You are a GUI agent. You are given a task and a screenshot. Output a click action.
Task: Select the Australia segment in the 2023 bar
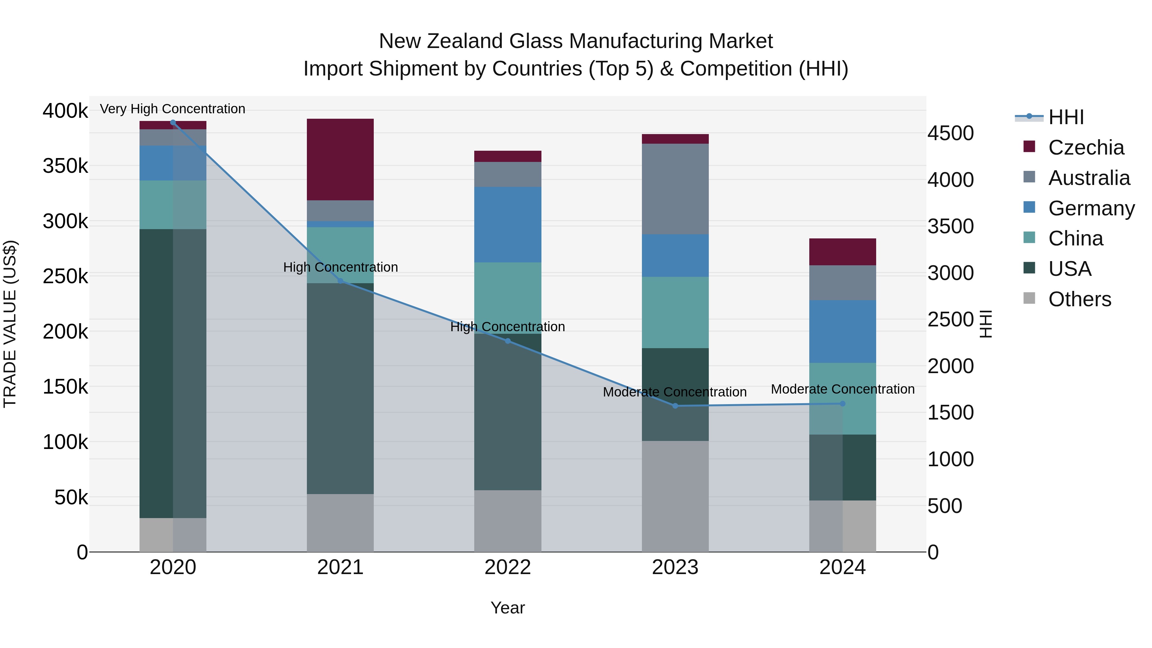coord(675,189)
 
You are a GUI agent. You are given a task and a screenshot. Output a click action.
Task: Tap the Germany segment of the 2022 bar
coord(508,225)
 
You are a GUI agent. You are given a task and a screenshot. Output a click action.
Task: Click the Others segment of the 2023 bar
coord(675,496)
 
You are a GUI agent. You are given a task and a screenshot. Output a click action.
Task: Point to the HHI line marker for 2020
coord(173,122)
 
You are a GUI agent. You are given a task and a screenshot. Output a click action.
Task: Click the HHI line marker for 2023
coord(675,406)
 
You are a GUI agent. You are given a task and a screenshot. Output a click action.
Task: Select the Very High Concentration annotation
coord(172,109)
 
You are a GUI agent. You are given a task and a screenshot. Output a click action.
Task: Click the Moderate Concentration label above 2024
coord(843,389)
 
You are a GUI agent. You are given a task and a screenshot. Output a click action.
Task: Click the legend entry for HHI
coord(1065,117)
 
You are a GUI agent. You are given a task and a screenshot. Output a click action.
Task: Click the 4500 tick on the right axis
coord(950,133)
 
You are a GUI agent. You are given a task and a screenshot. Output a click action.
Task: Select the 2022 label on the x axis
coord(508,567)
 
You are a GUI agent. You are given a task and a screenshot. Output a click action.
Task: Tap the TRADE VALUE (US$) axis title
coord(10,324)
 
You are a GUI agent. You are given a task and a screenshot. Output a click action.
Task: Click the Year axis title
coord(508,608)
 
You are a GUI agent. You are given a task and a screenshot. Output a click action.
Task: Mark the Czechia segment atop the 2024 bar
coord(843,252)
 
